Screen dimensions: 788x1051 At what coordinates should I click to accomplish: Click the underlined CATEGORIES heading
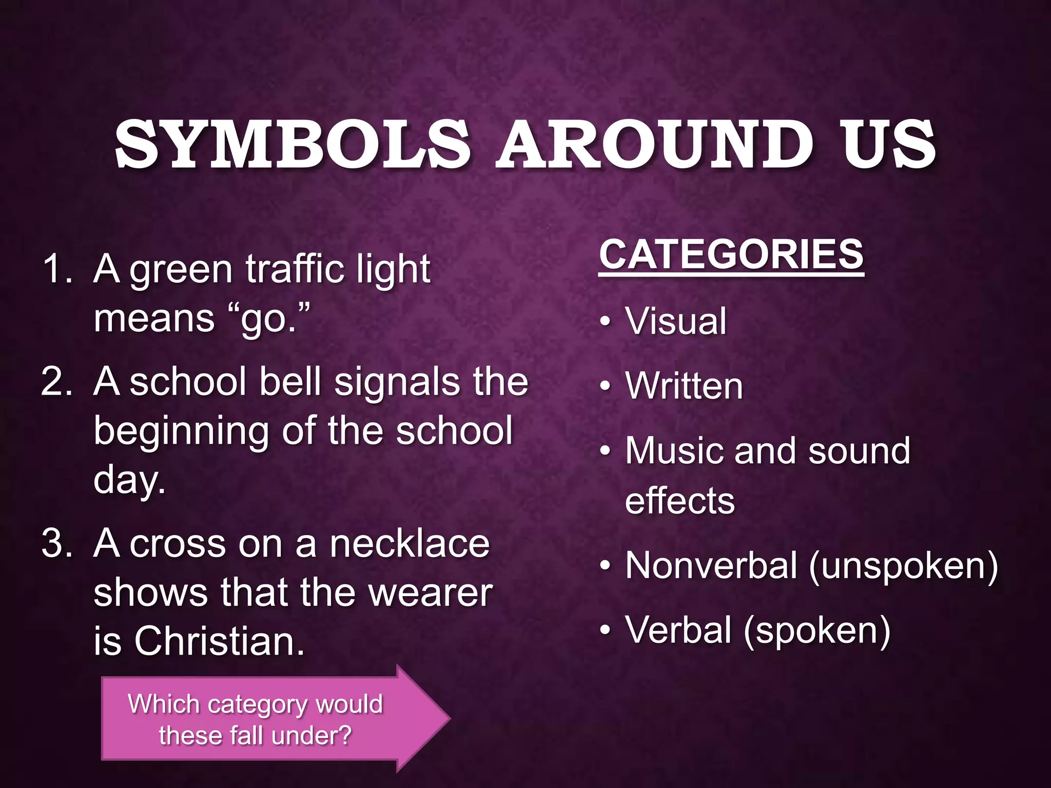(x=731, y=254)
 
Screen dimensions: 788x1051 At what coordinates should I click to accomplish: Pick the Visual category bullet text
(x=675, y=321)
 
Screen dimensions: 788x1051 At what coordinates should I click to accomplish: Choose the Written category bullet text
(x=684, y=386)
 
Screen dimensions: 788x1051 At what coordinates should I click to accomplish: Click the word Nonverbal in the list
(x=710, y=565)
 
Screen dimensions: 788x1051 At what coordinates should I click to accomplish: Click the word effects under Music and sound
(x=679, y=501)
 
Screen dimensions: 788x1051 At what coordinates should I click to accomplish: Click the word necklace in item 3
(x=410, y=544)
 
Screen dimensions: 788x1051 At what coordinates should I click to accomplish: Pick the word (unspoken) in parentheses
(x=903, y=566)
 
